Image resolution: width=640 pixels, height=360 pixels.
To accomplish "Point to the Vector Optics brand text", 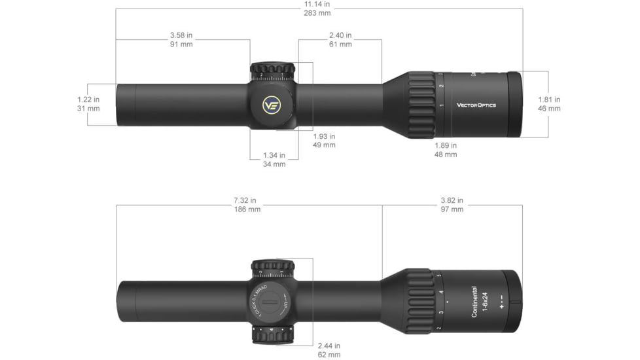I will coord(476,105).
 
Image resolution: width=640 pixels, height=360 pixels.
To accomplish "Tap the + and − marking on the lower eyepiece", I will coord(501,302).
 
